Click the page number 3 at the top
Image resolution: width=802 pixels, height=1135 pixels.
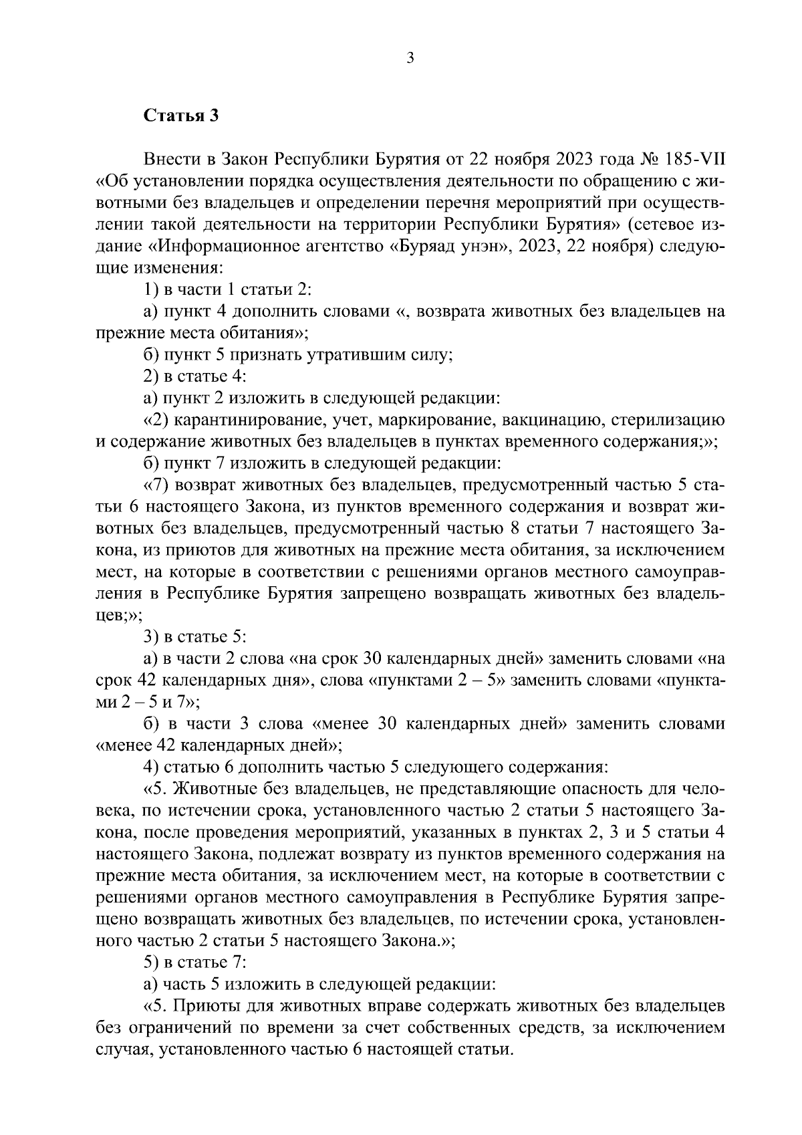click(x=410, y=59)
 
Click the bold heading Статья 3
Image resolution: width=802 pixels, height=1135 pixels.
click(x=181, y=115)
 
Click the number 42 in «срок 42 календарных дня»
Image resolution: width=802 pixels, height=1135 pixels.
click(x=146, y=681)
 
